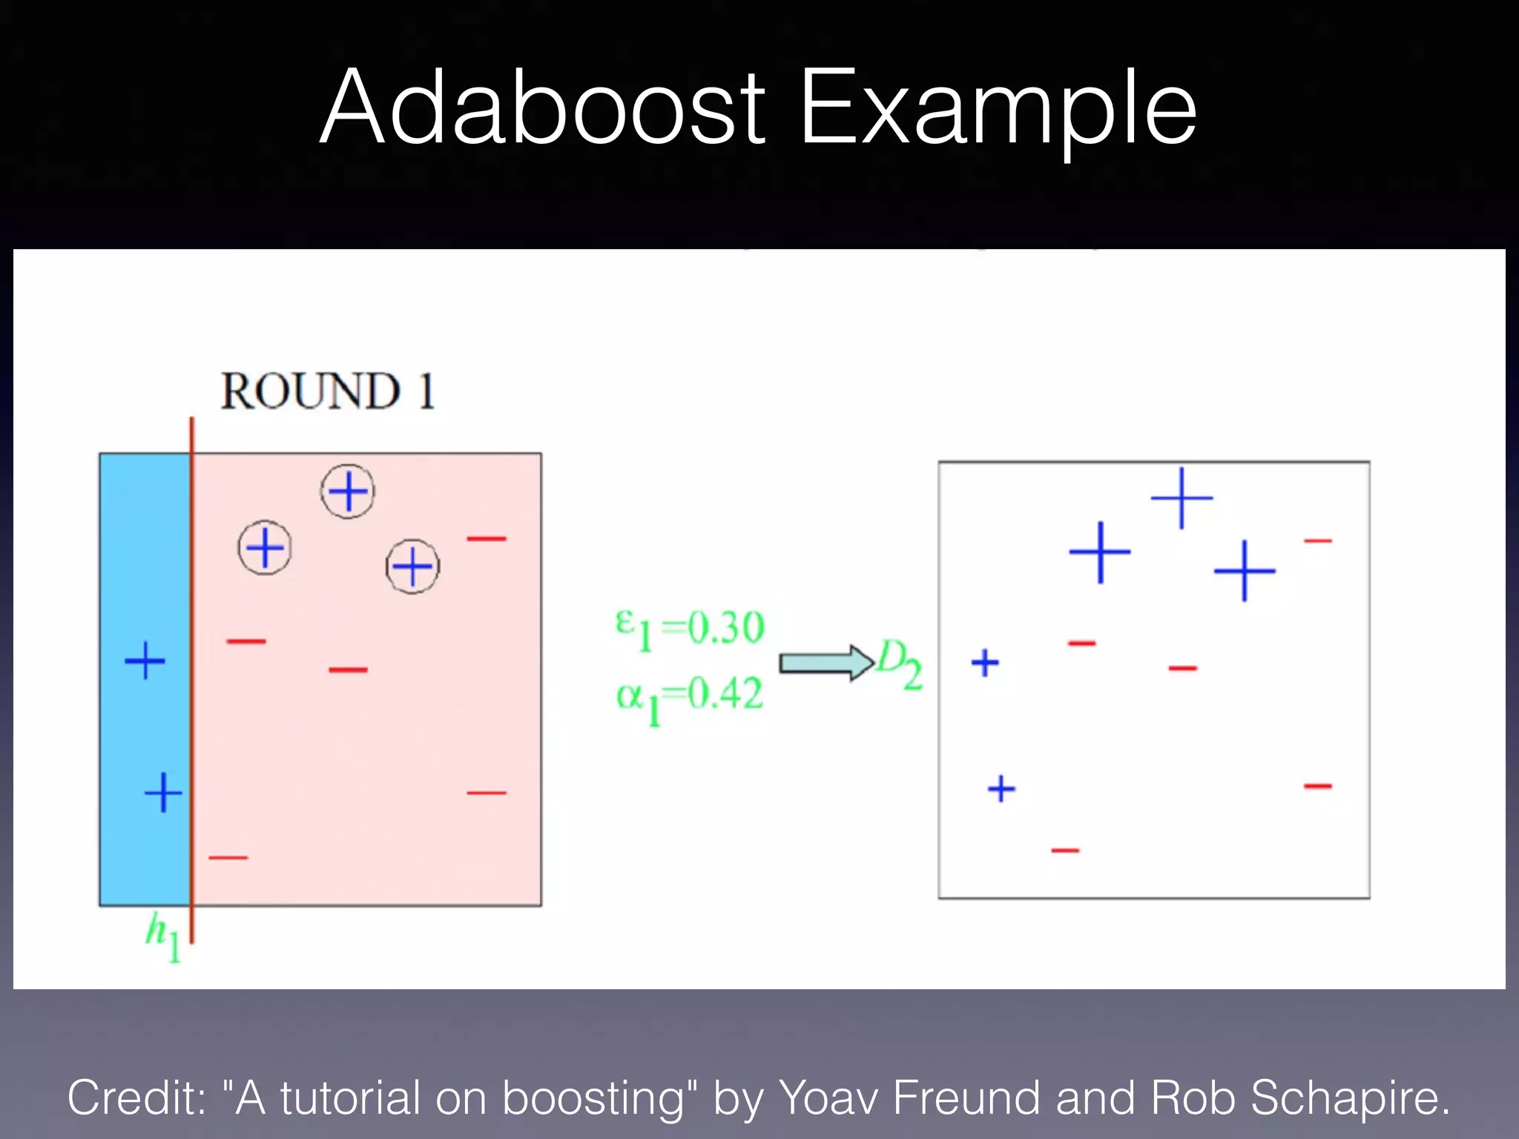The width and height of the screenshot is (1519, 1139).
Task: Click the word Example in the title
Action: (998, 111)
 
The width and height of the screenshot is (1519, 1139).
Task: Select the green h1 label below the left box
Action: (162, 937)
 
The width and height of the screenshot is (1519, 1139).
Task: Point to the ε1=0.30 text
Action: (690, 629)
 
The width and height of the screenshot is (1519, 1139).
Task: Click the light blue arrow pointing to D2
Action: (826, 662)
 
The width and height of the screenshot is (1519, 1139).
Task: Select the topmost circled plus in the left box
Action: (348, 491)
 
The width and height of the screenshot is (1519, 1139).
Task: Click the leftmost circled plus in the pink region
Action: (265, 548)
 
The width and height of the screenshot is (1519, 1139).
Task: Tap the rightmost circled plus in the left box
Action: (412, 567)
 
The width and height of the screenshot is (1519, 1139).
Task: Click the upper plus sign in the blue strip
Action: (145, 660)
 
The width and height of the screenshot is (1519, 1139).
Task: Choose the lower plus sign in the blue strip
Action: (163, 793)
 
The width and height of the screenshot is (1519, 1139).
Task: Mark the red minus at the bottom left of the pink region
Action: (228, 857)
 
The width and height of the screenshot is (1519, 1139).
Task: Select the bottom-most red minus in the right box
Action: (1065, 850)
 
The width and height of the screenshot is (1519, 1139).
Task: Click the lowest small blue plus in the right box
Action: (1001, 788)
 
